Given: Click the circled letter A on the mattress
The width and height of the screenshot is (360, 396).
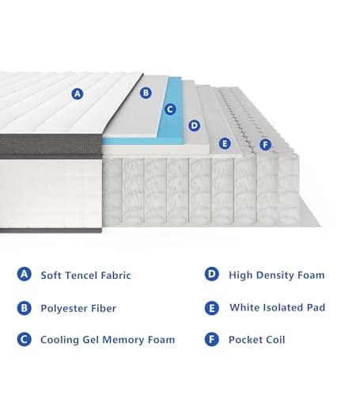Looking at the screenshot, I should click(x=77, y=93).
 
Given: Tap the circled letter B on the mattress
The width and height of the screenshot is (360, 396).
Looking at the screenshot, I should click(x=146, y=93).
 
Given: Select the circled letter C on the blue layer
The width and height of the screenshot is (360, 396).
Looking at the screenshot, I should click(x=169, y=109).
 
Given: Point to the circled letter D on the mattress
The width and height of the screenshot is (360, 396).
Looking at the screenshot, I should click(x=195, y=125).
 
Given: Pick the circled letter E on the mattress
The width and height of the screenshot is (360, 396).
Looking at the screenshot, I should click(x=225, y=143).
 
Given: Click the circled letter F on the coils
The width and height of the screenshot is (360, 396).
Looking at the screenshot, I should click(x=264, y=144).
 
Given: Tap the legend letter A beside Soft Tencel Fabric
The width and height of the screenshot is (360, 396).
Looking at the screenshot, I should click(x=25, y=275).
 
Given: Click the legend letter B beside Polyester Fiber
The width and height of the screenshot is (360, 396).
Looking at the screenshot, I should click(x=25, y=307).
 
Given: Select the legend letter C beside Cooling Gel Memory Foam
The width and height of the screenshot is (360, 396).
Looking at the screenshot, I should click(x=25, y=340).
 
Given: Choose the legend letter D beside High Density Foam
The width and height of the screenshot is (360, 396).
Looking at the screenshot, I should click(x=211, y=275).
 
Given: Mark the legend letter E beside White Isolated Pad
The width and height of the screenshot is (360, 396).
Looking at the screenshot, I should click(x=211, y=307).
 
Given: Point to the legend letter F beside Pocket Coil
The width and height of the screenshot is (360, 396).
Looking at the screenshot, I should click(x=211, y=340).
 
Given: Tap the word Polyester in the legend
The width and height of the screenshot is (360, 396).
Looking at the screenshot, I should click(x=66, y=308).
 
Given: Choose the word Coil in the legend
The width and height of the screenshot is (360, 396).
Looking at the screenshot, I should click(x=273, y=340).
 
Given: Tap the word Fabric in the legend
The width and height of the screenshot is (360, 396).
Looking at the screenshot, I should click(x=116, y=276).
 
